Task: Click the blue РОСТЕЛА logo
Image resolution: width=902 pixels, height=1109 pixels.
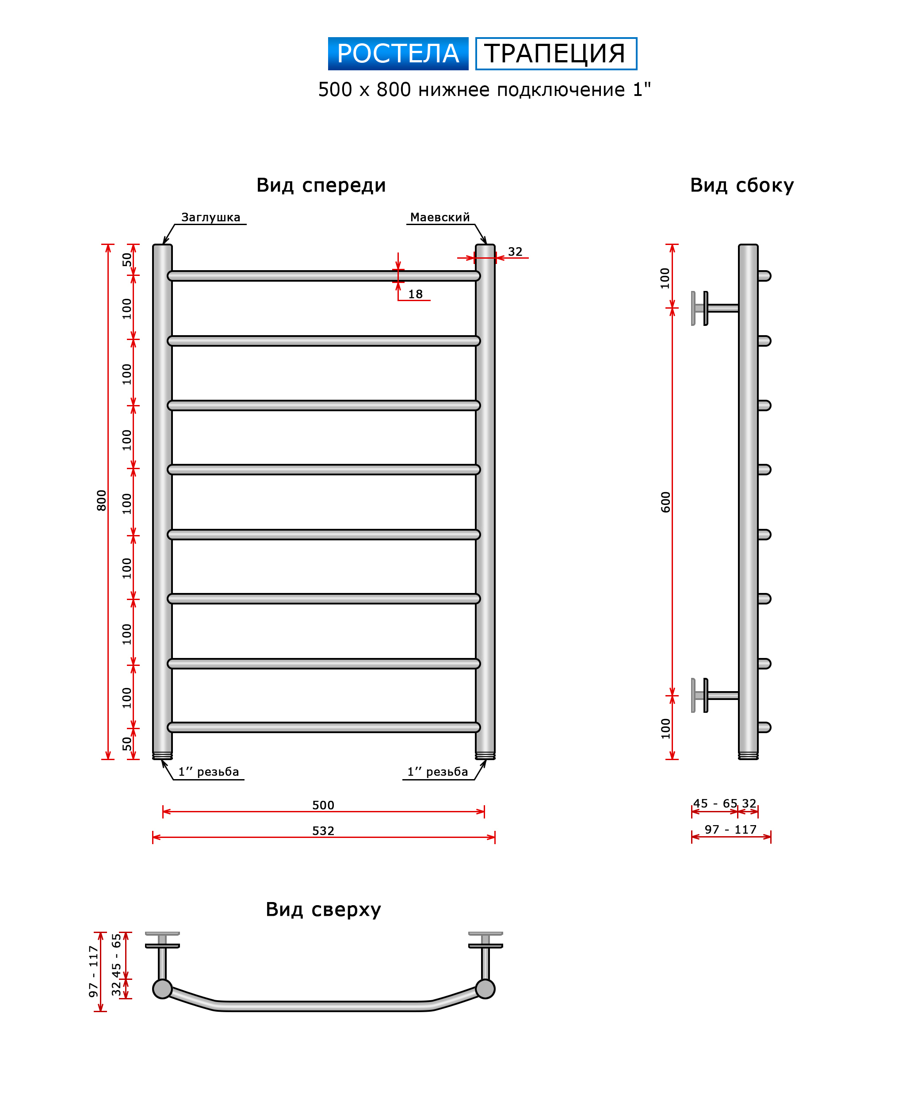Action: [x=398, y=54]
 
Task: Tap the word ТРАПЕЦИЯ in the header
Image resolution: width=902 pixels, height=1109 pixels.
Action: [x=555, y=54]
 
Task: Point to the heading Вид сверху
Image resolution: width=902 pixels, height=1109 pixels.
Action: [x=323, y=910]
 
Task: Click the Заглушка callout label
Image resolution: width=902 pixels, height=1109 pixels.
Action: [x=211, y=217]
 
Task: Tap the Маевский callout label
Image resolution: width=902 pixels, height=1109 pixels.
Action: [x=440, y=217]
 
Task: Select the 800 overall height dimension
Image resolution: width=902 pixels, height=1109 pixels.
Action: [x=101, y=500]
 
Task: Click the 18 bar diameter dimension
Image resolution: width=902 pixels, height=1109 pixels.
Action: [x=415, y=294]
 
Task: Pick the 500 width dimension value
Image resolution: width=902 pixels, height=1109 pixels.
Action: [x=323, y=805]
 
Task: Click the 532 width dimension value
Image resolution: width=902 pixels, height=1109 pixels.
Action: [x=323, y=831]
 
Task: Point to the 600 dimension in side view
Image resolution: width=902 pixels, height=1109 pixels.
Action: [x=665, y=502]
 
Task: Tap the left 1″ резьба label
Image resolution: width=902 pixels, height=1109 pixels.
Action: [x=208, y=772]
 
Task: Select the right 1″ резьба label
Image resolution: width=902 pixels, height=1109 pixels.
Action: [x=437, y=772]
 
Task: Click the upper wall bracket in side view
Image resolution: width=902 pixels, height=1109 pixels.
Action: [x=715, y=308]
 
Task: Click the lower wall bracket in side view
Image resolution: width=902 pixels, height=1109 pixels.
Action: [x=715, y=695]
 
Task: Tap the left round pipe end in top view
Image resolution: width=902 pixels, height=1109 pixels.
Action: [x=163, y=989]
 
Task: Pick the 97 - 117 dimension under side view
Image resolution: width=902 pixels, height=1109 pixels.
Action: [x=730, y=830]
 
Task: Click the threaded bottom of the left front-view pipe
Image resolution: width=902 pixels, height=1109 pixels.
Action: [x=163, y=756]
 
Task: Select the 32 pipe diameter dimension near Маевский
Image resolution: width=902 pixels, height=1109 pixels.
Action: [x=515, y=252]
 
